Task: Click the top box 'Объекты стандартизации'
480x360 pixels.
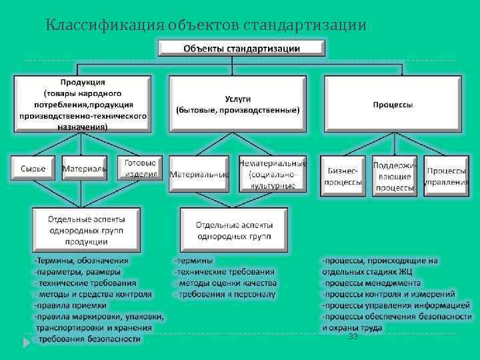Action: (x=241, y=49)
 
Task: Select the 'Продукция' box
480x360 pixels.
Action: (x=83, y=103)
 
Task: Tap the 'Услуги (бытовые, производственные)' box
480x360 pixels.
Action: (x=238, y=103)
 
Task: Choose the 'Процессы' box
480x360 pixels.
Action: (x=392, y=104)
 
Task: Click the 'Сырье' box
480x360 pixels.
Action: (x=33, y=169)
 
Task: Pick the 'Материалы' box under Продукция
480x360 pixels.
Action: (x=84, y=169)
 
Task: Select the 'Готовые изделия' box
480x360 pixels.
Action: (x=140, y=169)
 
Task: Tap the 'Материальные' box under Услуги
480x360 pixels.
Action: (x=199, y=175)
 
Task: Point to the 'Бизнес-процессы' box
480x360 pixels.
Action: (x=344, y=176)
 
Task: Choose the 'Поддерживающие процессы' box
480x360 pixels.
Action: (x=394, y=176)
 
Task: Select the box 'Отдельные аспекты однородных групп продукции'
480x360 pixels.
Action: (x=87, y=230)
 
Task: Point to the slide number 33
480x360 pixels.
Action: (x=353, y=337)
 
